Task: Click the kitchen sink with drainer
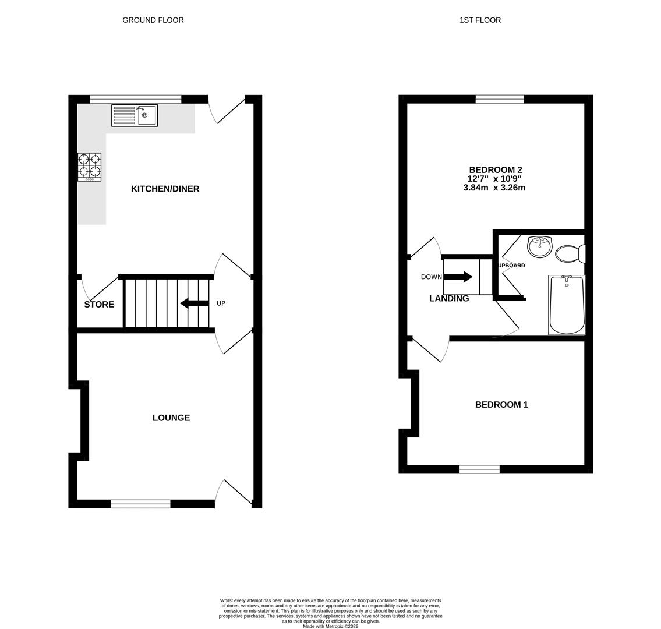click(135, 115)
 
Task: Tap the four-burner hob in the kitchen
click(89, 167)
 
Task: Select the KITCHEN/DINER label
click(165, 189)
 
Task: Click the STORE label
click(99, 305)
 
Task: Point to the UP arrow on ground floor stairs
click(195, 303)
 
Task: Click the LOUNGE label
click(171, 418)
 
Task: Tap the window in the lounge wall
click(140, 504)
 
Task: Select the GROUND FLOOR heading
click(153, 20)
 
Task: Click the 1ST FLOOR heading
click(480, 20)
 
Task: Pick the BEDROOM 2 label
click(496, 170)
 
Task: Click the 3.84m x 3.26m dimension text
click(494, 188)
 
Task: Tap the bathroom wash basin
click(539, 246)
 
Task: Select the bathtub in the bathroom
click(567, 305)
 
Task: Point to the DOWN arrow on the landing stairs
click(458, 277)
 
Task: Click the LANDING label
click(449, 298)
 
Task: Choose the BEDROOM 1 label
click(501, 405)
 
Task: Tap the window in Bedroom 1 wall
click(479, 469)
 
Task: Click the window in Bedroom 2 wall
click(500, 99)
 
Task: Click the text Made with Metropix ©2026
click(330, 626)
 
